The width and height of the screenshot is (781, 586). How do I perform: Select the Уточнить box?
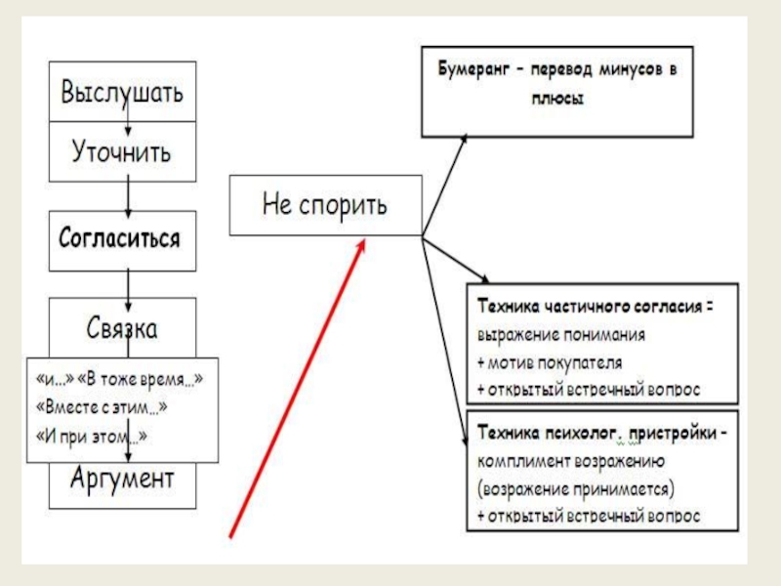[x=122, y=152]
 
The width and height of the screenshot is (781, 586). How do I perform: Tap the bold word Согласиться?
[x=120, y=237]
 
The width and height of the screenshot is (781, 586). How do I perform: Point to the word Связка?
[x=122, y=327]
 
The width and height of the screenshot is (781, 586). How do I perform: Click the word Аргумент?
[x=122, y=479]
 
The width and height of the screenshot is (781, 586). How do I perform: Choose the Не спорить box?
[x=325, y=205]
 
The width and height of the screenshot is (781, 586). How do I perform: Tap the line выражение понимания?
[x=561, y=334]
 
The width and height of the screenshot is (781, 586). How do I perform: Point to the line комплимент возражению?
[x=571, y=459]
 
